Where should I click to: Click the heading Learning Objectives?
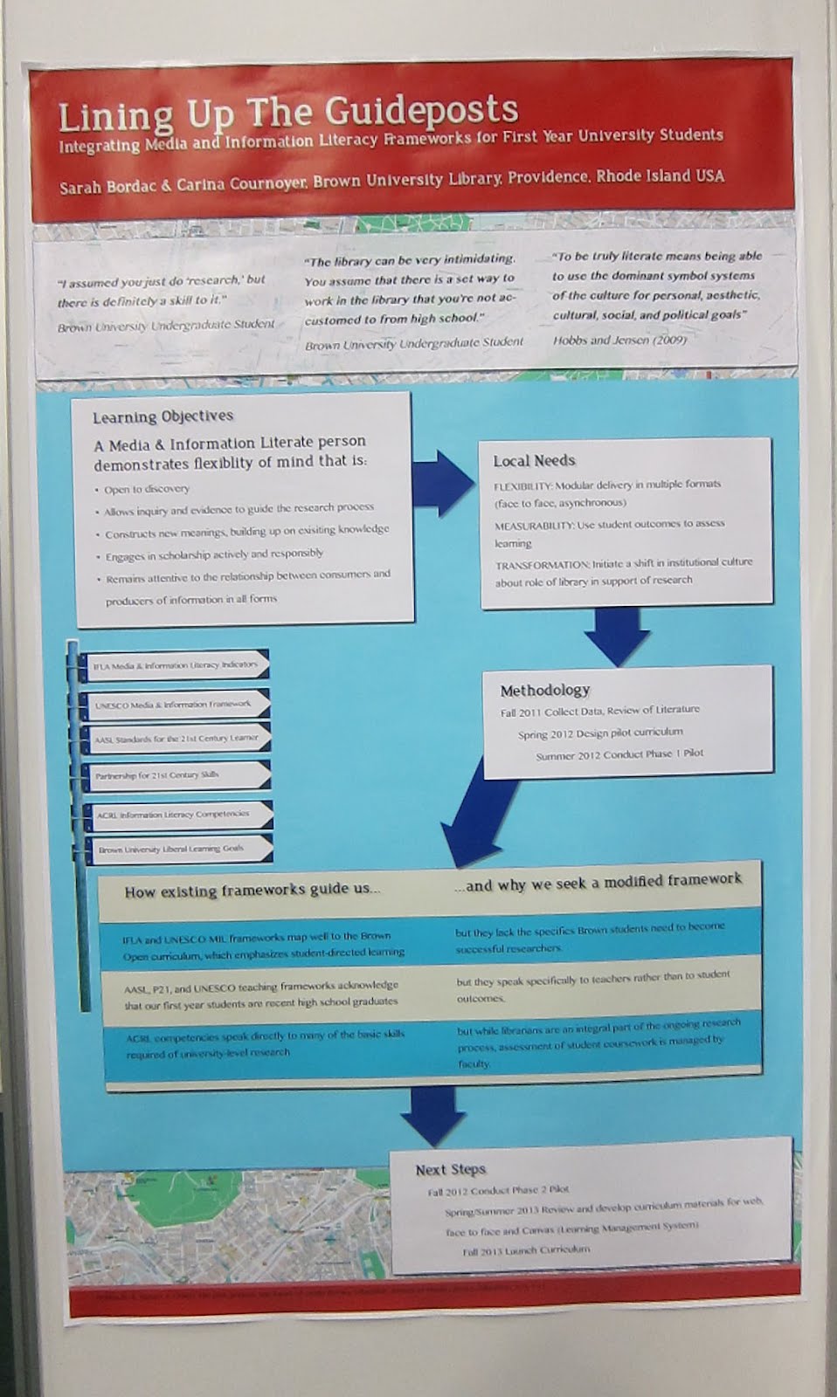(x=163, y=416)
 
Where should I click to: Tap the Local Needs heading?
(x=534, y=460)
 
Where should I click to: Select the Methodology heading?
(x=544, y=690)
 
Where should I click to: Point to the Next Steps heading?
(x=450, y=1169)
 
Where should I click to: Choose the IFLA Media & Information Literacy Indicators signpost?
(x=175, y=665)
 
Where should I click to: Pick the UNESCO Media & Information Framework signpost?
(x=173, y=704)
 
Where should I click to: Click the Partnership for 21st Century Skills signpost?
(x=157, y=774)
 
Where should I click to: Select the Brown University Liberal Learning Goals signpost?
(x=171, y=848)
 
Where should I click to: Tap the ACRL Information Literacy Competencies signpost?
(x=173, y=814)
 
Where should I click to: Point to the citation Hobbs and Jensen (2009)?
(x=619, y=340)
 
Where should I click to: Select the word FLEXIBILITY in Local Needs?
(x=522, y=484)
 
